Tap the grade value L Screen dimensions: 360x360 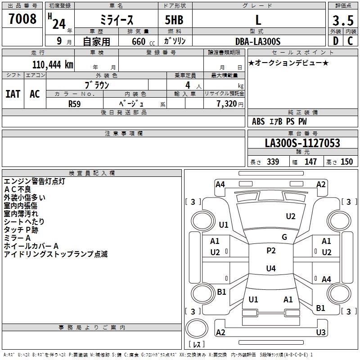[258, 20]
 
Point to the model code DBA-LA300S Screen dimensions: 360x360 [258, 41]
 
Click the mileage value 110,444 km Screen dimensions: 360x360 [53, 65]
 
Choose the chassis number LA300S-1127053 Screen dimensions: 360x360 [302, 144]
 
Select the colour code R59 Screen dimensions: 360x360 [75, 103]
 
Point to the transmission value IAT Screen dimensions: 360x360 [13, 94]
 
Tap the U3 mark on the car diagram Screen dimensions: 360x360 [320, 333]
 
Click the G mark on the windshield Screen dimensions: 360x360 [284, 237]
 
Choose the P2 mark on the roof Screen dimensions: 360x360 [271, 251]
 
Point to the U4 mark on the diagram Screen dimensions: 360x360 [271, 269]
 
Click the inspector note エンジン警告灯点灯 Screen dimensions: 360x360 [35, 181]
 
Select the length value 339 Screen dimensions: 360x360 [273, 162]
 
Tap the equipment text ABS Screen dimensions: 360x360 [258, 121]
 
